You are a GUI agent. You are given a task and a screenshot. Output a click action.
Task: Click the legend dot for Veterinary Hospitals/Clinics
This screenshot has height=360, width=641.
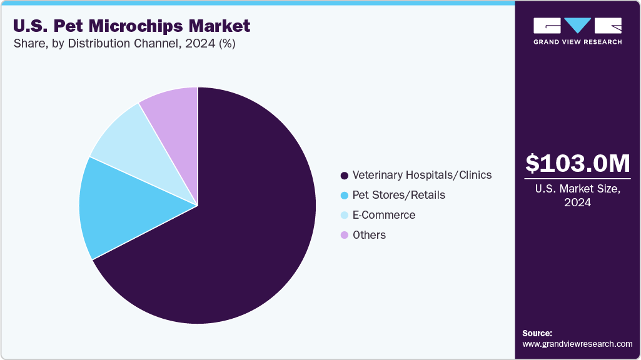pos(344,176)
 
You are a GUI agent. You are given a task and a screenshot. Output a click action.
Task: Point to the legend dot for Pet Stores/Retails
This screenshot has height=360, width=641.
pos(344,196)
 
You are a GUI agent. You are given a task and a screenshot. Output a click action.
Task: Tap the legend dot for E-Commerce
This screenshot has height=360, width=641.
pos(344,216)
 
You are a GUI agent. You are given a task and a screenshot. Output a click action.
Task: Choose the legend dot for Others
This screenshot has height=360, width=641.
pos(344,236)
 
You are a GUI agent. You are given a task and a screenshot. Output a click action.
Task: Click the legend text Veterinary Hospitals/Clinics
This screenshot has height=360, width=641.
pos(422,175)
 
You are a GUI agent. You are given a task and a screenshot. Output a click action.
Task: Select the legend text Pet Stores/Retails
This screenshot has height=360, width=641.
pos(399,195)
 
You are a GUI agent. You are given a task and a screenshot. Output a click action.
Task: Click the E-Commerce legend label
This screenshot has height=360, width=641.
pos(384,215)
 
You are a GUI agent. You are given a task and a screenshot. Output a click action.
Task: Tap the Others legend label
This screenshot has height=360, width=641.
pos(369,235)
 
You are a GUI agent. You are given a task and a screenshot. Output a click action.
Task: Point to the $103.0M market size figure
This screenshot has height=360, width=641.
pos(577,164)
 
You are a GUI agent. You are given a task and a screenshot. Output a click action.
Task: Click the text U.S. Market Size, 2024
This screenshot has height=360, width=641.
pos(577,196)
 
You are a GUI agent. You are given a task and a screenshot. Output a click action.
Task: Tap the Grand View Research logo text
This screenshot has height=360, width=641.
pos(577,42)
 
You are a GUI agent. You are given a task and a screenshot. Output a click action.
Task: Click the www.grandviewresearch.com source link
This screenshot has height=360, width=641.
pos(577,344)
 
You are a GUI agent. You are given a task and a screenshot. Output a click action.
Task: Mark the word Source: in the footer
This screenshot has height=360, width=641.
pos(537,333)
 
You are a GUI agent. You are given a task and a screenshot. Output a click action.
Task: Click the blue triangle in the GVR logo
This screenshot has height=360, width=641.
pos(577,25)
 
